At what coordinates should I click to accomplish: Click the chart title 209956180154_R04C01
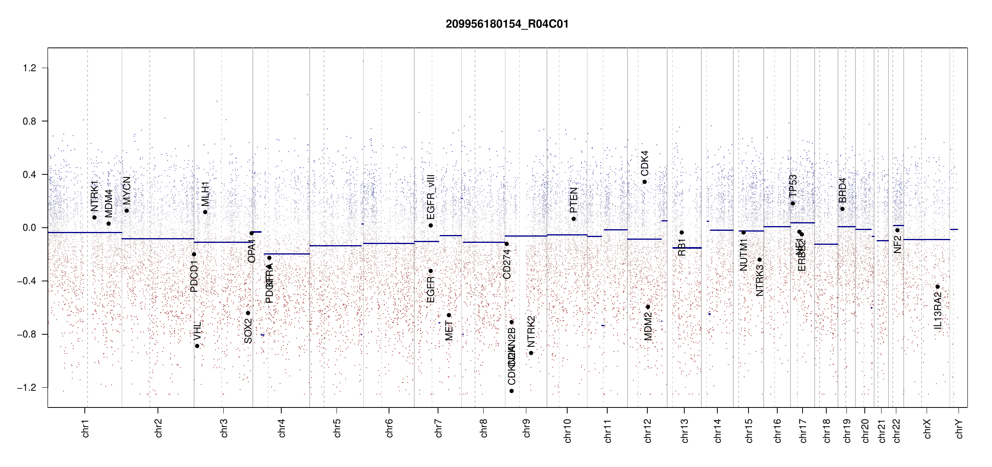pyautogui.click(x=507, y=24)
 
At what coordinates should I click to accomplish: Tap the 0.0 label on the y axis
pyautogui.click(x=29, y=228)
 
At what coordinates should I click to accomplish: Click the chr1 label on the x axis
pyautogui.click(x=86, y=428)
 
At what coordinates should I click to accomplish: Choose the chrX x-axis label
pyautogui.click(x=927, y=428)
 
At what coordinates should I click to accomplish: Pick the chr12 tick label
pyautogui.click(x=648, y=430)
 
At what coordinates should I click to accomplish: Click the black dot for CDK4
pyautogui.click(x=645, y=182)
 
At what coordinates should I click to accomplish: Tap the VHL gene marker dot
pyautogui.click(x=197, y=346)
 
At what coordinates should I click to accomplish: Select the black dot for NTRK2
pyautogui.click(x=531, y=353)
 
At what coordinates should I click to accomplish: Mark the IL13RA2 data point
pyautogui.click(x=938, y=287)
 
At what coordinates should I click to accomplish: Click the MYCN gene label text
pyautogui.click(x=127, y=190)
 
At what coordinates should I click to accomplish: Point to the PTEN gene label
pyautogui.click(x=574, y=200)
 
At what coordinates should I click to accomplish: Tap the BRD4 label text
pyautogui.click(x=843, y=190)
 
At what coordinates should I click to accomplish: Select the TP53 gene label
pyautogui.click(x=793, y=186)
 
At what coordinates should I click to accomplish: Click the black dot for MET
pyautogui.click(x=449, y=315)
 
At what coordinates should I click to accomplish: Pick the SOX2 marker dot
pyautogui.click(x=248, y=313)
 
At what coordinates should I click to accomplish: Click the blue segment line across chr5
pyautogui.click(x=336, y=246)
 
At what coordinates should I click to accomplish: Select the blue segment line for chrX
pyautogui.click(x=926, y=239)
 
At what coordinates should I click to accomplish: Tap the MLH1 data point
pyautogui.click(x=205, y=212)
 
